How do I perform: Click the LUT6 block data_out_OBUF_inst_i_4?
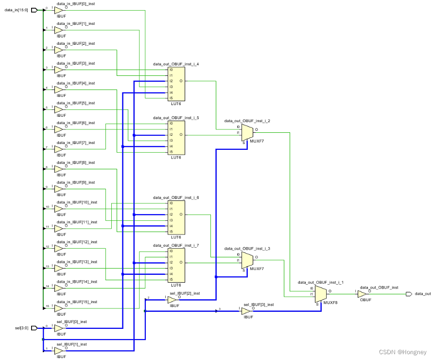[176, 84]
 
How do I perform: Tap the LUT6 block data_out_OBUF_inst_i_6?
[176, 217]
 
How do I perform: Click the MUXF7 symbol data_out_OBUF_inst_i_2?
[247, 132]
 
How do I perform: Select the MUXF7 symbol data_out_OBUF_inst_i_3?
[247, 260]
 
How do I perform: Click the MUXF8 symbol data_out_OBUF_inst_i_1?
[320, 294]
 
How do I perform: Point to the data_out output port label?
[422, 294]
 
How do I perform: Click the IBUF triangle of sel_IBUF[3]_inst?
[246, 310]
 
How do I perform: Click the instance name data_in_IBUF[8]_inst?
[76, 162]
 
